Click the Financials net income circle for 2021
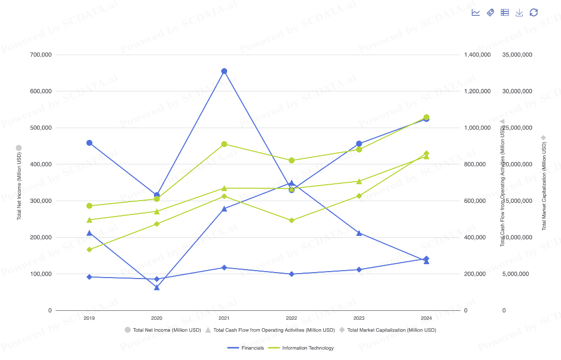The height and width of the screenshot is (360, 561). pos(224,71)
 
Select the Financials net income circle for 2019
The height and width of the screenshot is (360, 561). pos(89,143)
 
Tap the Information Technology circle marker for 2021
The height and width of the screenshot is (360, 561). pos(224,144)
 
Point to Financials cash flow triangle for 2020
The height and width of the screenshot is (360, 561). pos(157,287)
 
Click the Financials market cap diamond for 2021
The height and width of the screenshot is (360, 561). pos(224,268)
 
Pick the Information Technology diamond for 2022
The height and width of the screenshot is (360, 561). pos(292,220)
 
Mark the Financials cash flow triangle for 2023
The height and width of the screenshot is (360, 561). pos(359,232)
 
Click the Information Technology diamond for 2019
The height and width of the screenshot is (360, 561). pos(89,250)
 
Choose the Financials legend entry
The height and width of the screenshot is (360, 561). pos(245,348)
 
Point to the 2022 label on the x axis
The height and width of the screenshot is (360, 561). pos(292,318)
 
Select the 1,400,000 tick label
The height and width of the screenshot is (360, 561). pos(477,55)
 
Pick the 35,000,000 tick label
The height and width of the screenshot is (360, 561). pos(517,55)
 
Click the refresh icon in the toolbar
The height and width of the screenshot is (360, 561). pos(534,12)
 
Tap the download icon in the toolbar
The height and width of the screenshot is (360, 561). pos(519,12)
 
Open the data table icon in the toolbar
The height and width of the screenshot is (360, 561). pos(505,12)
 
